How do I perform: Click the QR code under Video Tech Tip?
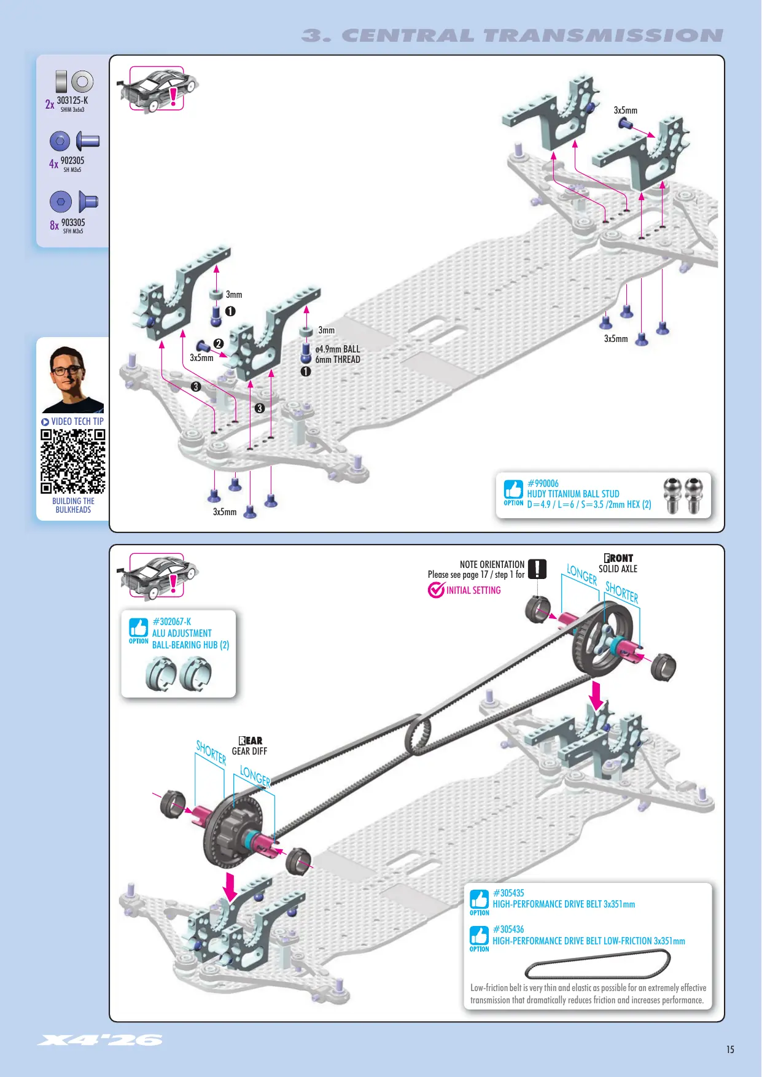pos(73,461)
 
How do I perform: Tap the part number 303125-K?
pos(72,100)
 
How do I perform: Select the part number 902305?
pos(72,161)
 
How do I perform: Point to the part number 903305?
pos(73,222)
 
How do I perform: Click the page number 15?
pos(730,1049)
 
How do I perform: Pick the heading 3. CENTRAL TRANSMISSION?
pos(512,36)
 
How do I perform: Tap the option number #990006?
pos(543,483)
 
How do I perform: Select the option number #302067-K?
pos(171,621)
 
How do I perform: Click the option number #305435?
pos(508,893)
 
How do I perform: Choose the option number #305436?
pos(508,929)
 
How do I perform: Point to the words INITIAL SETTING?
pos(473,590)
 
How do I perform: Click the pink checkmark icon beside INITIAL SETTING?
pos(436,589)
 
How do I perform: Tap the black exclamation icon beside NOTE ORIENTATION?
pos(537,569)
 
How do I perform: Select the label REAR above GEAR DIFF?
pos(250,741)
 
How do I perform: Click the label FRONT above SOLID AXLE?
pos(618,558)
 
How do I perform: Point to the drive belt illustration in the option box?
pos(597,963)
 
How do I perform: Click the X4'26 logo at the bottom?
pos(100,1040)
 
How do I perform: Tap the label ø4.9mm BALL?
pos(338,349)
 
